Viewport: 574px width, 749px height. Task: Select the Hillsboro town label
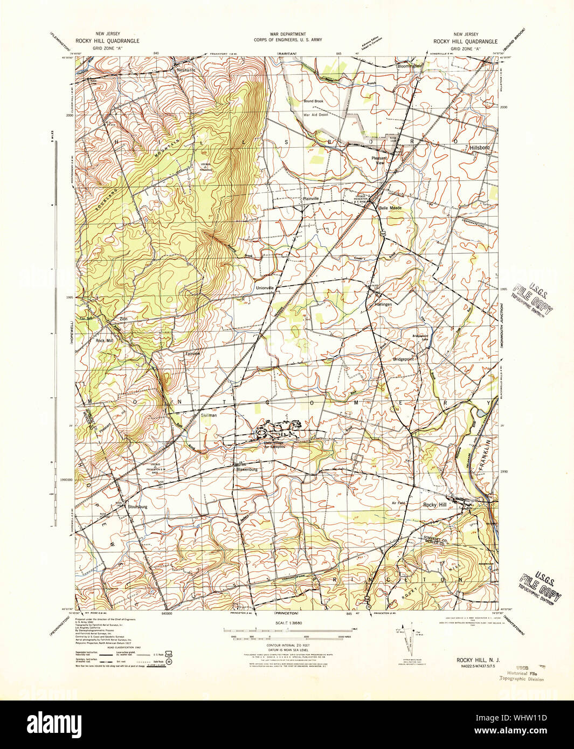[479, 147]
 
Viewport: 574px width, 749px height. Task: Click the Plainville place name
[311, 198]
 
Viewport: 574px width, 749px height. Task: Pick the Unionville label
[265, 288]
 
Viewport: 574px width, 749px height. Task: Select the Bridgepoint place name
[403, 358]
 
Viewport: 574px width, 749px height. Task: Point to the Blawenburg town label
[247, 469]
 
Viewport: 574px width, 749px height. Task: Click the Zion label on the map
[123, 319]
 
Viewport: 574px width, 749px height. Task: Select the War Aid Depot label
[316, 115]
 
